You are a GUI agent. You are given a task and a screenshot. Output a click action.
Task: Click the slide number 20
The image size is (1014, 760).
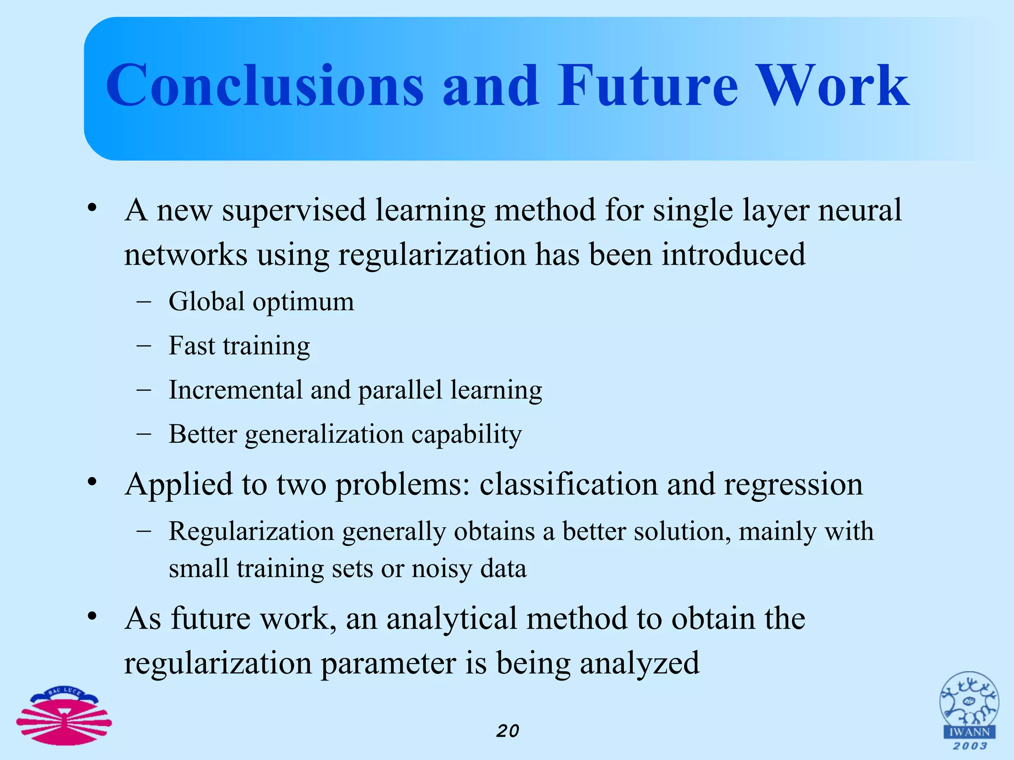pyautogui.click(x=507, y=731)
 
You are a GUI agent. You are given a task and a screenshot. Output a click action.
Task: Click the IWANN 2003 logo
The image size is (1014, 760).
pyautogui.click(x=969, y=711)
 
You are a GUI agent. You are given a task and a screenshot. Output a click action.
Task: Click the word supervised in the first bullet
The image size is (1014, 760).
pyautogui.click(x=294, y=210)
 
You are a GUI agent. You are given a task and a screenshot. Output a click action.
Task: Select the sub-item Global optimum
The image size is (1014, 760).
pyautogui.click(x=261, y=301)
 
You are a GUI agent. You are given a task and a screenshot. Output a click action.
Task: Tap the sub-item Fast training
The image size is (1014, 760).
pyautogui.click(x=239, y=345)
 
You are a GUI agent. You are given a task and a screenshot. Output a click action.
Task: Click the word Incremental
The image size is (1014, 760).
pyautogui.click(x=235, y=389)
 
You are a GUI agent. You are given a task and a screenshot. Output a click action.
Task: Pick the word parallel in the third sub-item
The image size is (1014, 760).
pyautogui.click(x=400, y=389)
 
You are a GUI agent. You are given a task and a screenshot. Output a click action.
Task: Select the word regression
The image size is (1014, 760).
pyautogui.click(x=793, y=484)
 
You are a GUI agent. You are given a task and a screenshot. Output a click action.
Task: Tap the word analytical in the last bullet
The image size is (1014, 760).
pyautogui.click(x=451, y=618)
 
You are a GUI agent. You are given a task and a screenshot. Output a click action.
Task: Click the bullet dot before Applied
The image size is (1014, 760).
pyautogui.click(x=92, y=481)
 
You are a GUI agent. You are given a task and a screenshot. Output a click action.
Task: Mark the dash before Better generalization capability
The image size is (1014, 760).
pyautogui.click(x=144, y=433)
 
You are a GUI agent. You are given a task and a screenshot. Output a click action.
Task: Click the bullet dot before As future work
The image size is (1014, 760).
pyautogui.click(x=92, y=616)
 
